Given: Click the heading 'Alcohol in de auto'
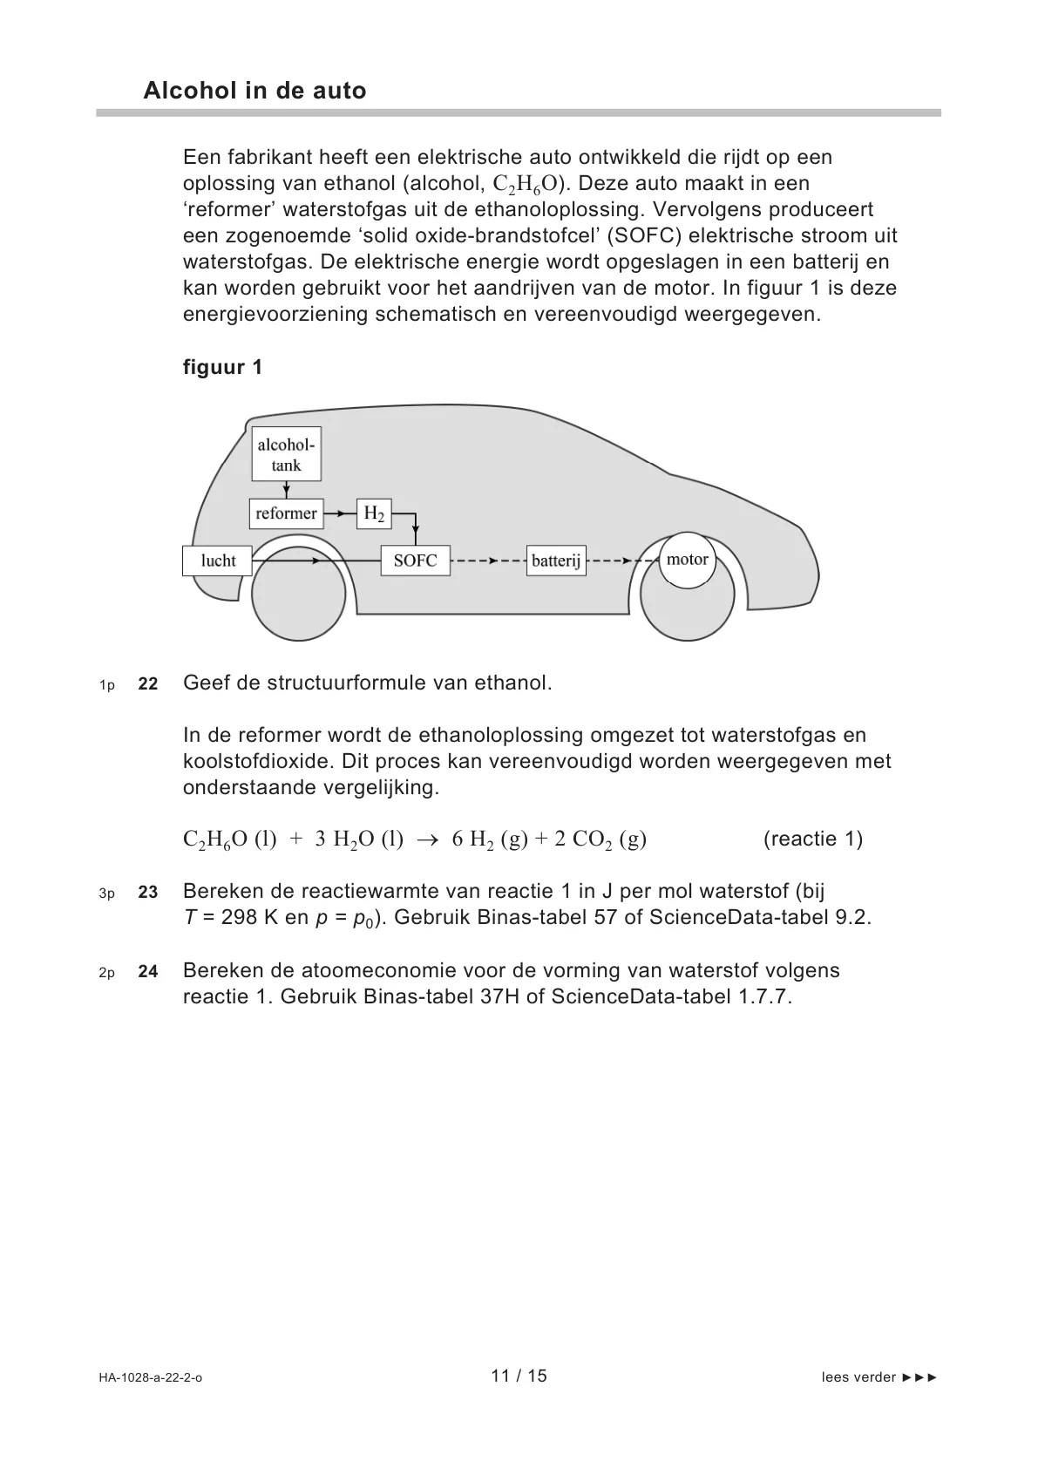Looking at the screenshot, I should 254,91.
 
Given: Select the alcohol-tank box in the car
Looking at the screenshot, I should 286,454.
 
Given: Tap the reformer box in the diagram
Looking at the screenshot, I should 286,513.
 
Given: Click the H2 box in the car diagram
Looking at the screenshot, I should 374,514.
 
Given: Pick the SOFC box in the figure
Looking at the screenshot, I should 415,561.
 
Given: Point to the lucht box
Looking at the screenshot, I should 218,561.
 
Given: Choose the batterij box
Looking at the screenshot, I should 556,561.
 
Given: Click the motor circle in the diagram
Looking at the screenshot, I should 687,560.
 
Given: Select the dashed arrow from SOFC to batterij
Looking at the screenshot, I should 488,561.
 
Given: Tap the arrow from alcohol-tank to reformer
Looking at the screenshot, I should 286,490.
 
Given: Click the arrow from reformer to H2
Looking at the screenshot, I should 340,514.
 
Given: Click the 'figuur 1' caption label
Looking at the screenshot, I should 222,367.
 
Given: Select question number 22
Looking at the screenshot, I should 148,684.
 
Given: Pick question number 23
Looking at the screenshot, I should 148,893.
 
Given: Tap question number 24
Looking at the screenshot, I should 148,972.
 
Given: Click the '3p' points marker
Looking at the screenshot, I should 106,894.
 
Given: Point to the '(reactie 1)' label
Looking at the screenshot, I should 812,839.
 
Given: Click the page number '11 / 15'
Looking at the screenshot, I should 519,1376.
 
